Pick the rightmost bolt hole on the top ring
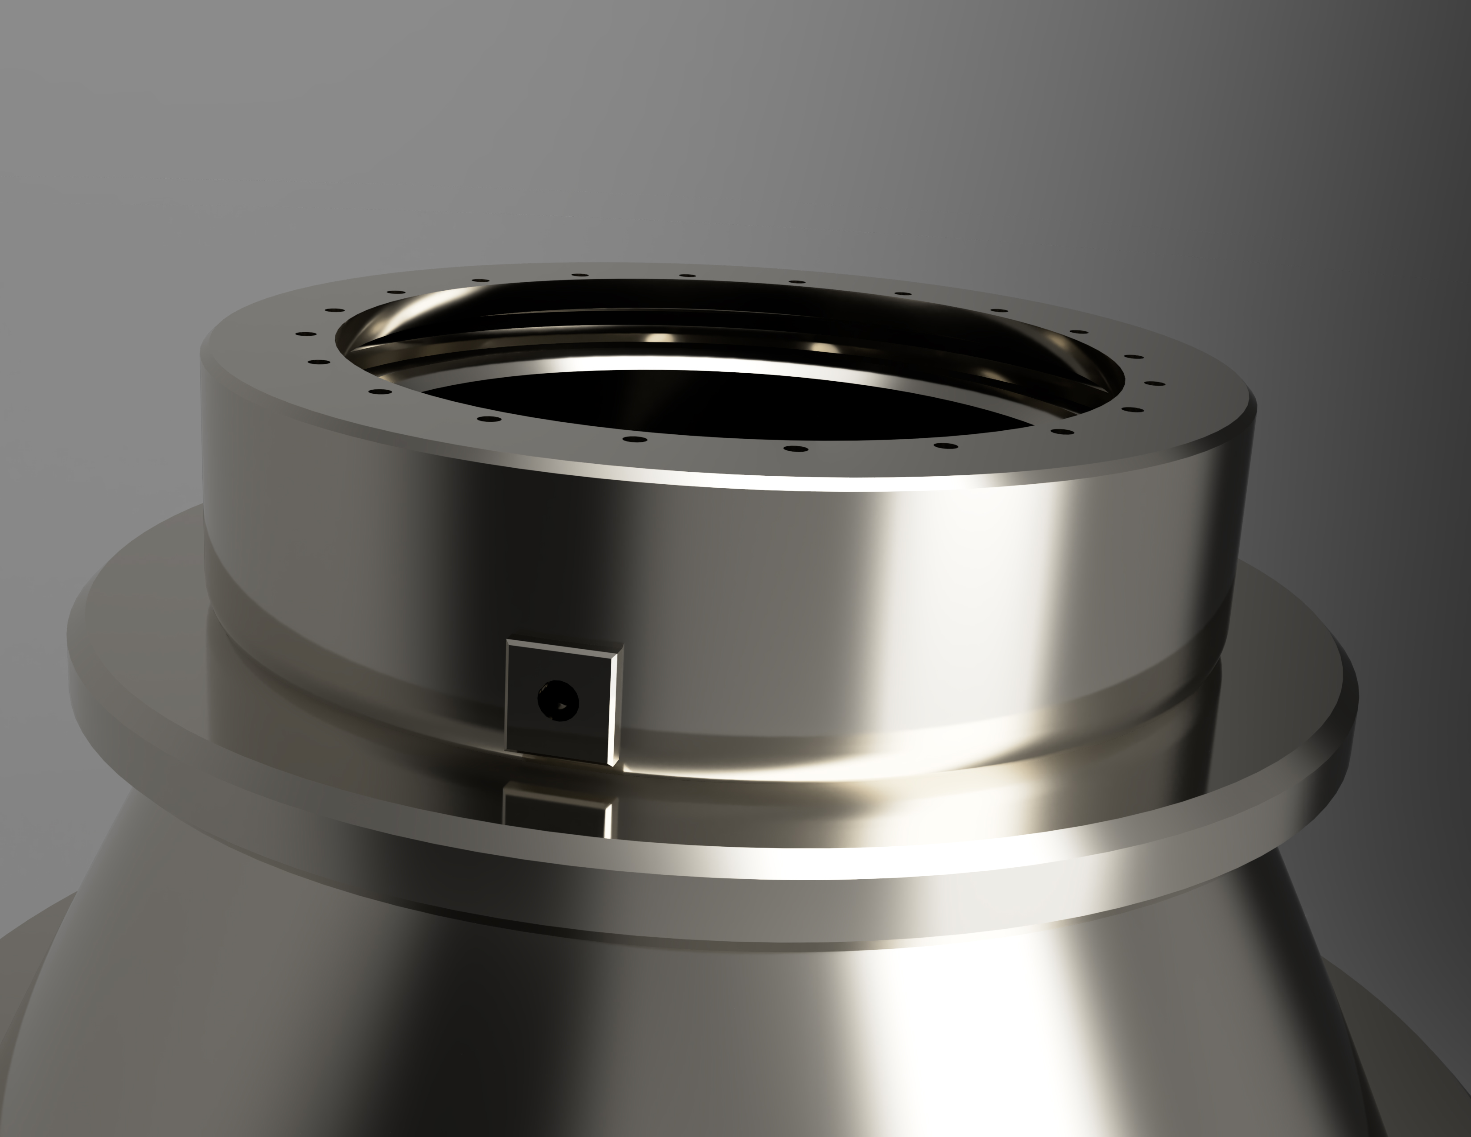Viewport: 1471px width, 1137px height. [x=1154, y=384]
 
